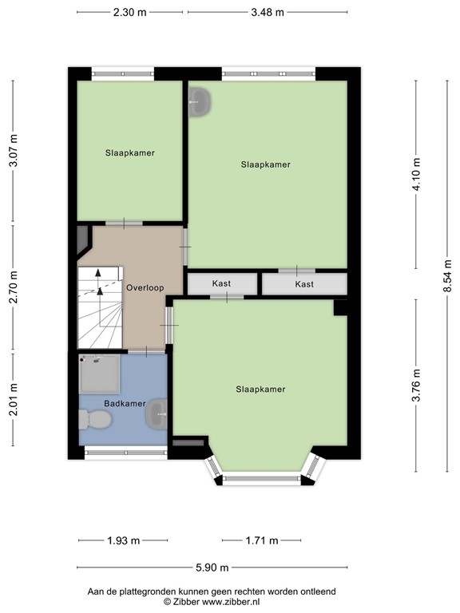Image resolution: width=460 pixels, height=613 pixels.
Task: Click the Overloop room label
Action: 145,287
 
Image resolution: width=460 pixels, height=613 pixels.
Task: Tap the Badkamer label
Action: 125,403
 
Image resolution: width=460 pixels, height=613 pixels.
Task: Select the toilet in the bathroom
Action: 95,420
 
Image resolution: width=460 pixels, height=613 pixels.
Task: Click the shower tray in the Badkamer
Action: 99,374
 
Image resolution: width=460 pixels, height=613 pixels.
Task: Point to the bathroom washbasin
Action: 157,414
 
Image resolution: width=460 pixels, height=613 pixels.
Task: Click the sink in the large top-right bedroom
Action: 200,101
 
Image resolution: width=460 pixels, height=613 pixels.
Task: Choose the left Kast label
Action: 221,283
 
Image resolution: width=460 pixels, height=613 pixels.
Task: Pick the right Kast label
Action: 304,284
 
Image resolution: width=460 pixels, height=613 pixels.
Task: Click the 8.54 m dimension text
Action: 447,276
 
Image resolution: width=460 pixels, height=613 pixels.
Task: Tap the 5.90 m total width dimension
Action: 212,568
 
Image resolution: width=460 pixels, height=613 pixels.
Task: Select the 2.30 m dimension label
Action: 130,13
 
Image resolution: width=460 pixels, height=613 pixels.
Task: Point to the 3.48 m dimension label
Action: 268,13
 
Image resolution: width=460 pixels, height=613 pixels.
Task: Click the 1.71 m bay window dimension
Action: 262,540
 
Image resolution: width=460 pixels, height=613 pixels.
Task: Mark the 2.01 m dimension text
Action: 14,400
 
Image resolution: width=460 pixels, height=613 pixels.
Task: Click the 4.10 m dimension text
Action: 416,174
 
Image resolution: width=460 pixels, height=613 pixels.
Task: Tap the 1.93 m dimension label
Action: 124,540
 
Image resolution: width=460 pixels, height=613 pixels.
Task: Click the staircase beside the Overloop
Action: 101,307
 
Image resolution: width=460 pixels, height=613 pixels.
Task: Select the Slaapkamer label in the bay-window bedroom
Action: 260,390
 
